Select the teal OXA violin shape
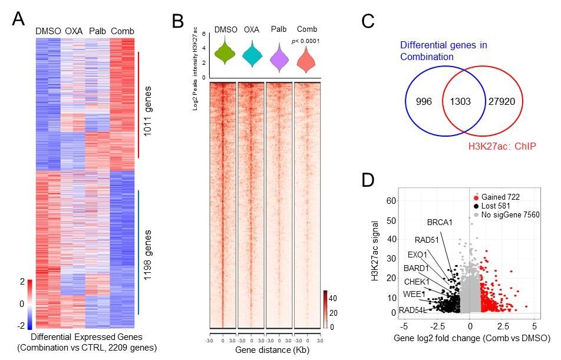tap(252, 55)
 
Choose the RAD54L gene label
tap(412, 310)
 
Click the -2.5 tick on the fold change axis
tap(437, 325)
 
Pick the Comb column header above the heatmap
tap(123, 31)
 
